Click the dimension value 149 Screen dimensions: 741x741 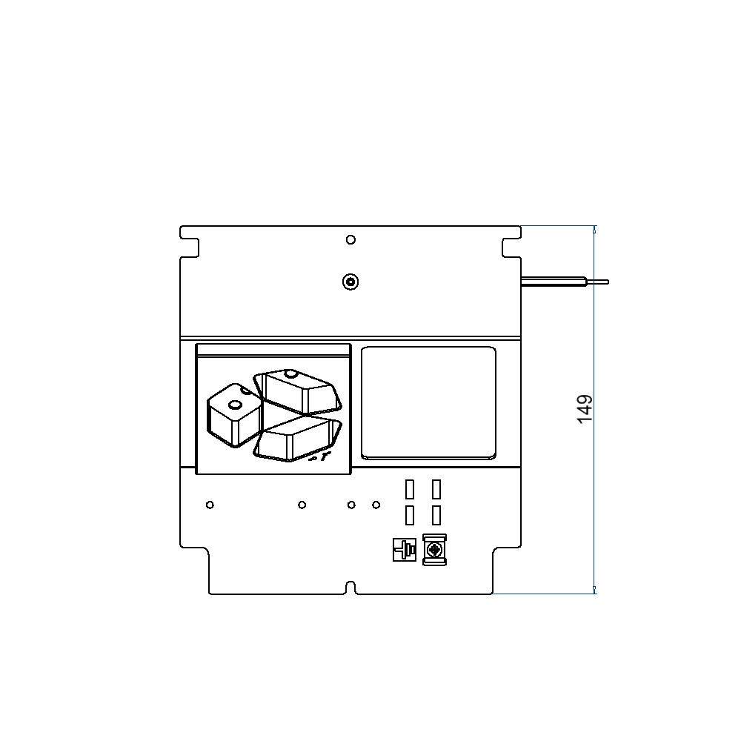click(x=585, y=410)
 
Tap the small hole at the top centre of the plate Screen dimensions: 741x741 click(x=350, y=239)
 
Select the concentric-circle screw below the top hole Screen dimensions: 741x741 click(x=350, y=282)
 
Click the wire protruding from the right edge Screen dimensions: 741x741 click(x=563, y=281)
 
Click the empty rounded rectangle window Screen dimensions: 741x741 click(x=428, y=402)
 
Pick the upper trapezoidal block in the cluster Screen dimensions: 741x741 click(x=298, y=391)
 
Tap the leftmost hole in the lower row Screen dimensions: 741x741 click(x=210, y=505)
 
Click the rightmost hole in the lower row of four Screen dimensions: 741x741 click(x=376, y=505)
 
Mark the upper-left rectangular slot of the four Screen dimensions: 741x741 click(x=409, y=489)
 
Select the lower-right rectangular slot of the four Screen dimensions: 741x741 click(x=436, y=515)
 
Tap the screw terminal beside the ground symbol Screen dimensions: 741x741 click(x=434, y=551)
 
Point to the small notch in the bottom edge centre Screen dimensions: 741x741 click(x=351, y=588)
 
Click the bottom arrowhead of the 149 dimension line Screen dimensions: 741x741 click(x=594, y=590)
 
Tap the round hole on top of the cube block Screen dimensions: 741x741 click(x=235, y=404)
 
